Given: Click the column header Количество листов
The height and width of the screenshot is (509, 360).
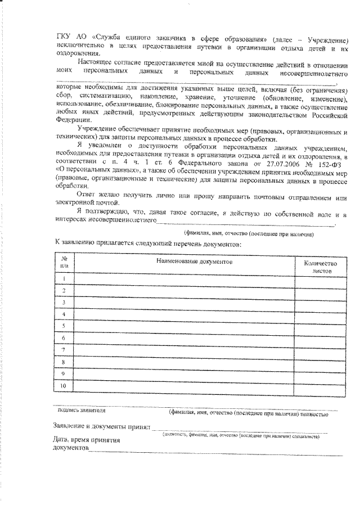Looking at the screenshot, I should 319,267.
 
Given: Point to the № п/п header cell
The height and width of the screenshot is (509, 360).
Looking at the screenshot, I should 64,262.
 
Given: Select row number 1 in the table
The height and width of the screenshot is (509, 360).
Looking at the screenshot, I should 64,279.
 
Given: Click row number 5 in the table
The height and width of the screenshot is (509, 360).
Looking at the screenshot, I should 64,326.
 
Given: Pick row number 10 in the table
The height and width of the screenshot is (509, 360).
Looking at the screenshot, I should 64,386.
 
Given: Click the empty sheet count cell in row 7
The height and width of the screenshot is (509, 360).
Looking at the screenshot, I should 319,350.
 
